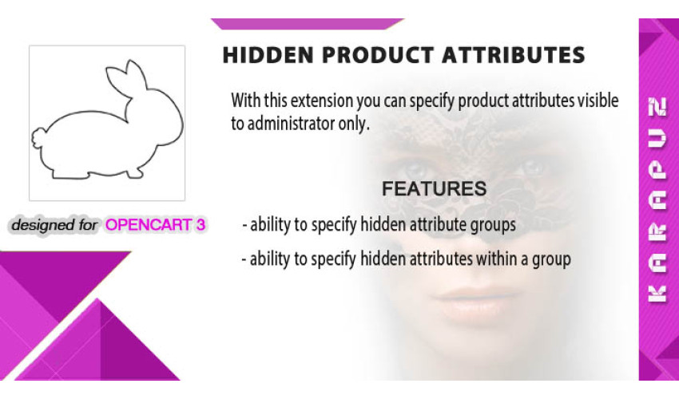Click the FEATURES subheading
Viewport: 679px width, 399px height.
[434, 188]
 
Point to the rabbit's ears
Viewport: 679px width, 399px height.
[126, 78]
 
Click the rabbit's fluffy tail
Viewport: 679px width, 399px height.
[38, 139]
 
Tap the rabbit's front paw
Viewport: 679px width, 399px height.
[134, 173]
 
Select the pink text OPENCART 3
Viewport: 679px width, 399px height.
[156, 224]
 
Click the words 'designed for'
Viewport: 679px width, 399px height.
[54, 225]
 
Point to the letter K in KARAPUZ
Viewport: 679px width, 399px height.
[657, 294]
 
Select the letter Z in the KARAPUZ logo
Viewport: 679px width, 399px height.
[657, 107]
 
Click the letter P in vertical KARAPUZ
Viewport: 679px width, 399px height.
[657, 171]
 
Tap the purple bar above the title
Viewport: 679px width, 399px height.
[308, 24]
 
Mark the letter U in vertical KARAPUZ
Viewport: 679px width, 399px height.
[657, 139]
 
